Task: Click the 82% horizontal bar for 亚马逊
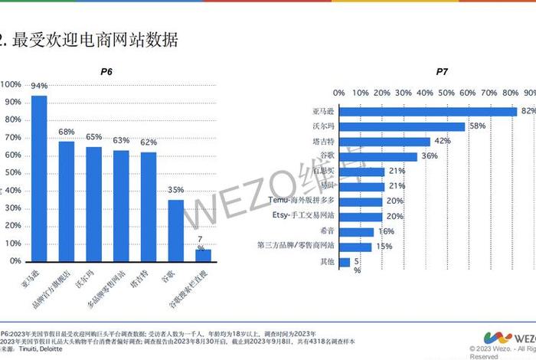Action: pos(433,111)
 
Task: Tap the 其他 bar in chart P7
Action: pos(345,262)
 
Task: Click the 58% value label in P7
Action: pos(476,126)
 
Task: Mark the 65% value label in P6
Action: pos(93,137)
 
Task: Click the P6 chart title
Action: pos(107,72)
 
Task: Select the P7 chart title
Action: pos(442,72)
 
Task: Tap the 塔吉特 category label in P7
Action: pos(324,142)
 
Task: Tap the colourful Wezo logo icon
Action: pos(496,338)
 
